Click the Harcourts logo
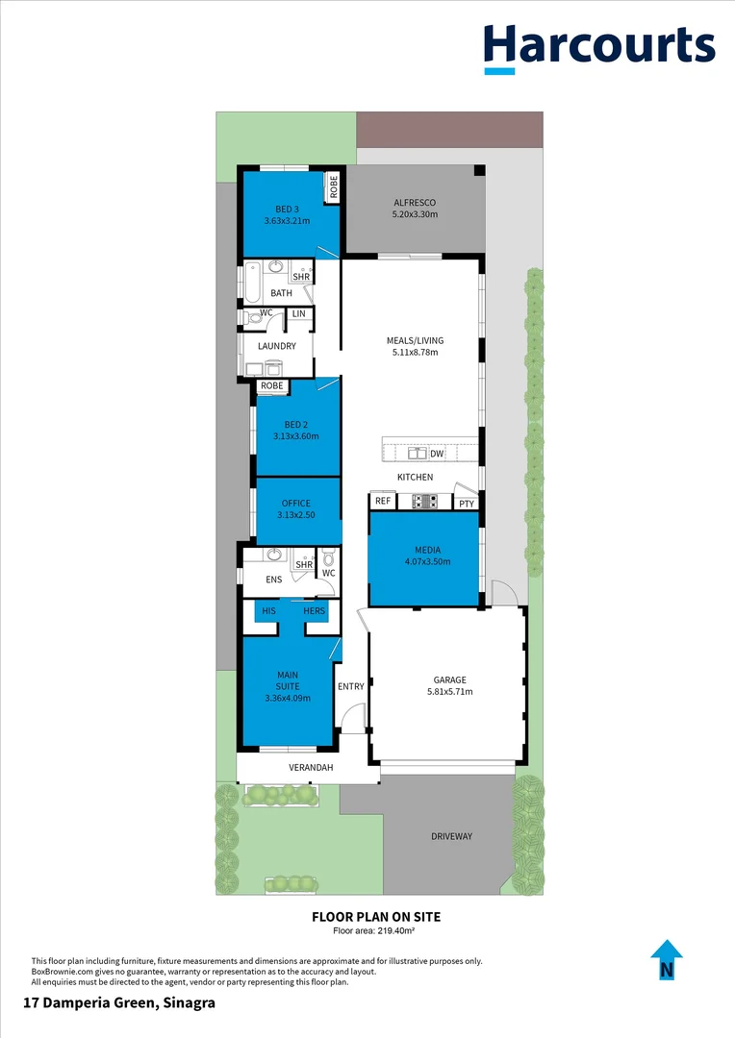pyautogui.click(x=598, y=47)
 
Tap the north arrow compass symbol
pyautogui.click(x=666, y=960)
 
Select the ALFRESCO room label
pyautogui.click(x=415, y=203)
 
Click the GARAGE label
pyautogui.click(x=449, y=679)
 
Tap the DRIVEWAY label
pyautogui.click(x=451, y=836)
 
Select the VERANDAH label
pyautogui.click(x=311, y=768)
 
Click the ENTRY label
pyautogui.click(x=351, y=686)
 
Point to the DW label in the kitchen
pyautogui.click(x=437, y=454)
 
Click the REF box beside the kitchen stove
pyautogui.click(x=383, y=502)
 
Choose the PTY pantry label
pyautogui.click(x=467, y=503)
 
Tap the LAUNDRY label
pyautogui.click(x=276, y=346)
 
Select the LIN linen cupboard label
pyautogui.click(x=298, y=313)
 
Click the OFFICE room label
pyautogui.click(x=296, y=504)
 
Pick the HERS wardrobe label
pyautogui.click(x=315, y=611)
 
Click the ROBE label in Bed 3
pyautogui.click(x=334, y=186)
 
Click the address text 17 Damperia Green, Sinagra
pyautogui.click(x=118, y=1002)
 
